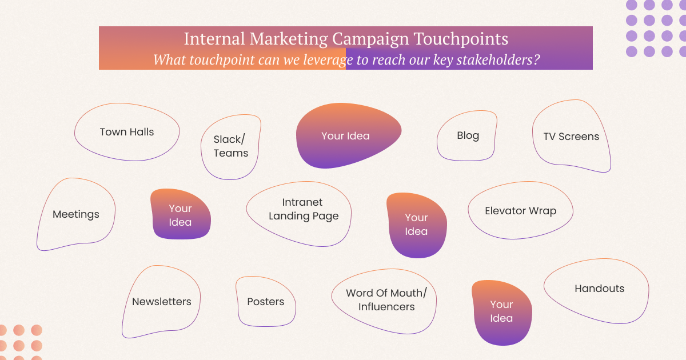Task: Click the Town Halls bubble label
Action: pos(127,132)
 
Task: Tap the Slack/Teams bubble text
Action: pos(230,146)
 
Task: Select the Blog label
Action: pos(468,135)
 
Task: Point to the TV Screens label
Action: pos(571,137)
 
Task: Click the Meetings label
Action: pos(76,214)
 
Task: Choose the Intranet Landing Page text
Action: pos(304,209)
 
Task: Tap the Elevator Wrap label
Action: pos(521,211)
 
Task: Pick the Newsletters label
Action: pos(162,302)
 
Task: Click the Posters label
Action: pos(265,302)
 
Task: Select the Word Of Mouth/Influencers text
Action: pos(386,300)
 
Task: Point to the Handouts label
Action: pos(599,289)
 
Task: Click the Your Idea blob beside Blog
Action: pos(349,135)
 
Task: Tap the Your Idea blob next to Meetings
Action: pos(181,214)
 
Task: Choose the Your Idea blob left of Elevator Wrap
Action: pos(417,225)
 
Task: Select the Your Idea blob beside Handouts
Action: pos(502,313)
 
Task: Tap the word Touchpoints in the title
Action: pos(461,39)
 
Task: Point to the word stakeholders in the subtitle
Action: pos(498,59)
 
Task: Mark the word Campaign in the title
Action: pos(370,39)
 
